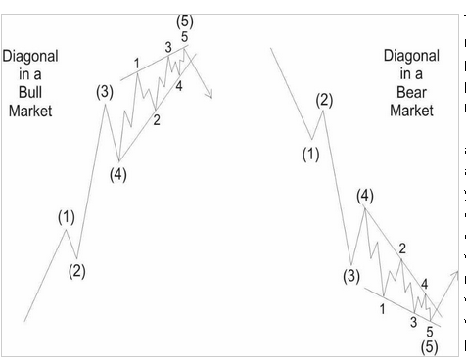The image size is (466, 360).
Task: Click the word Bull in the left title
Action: click(30, 93)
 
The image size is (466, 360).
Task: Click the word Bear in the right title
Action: click(410, 93)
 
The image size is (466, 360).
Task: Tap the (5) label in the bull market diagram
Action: click(184, 20)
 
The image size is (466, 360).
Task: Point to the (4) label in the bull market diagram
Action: click(117, 176)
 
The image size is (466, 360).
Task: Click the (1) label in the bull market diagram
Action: click(66, 217)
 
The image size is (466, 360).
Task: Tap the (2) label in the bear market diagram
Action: click(325, 99)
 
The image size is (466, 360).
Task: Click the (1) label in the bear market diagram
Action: click(311, 154)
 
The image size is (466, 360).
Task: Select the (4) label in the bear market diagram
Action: click(366, 196)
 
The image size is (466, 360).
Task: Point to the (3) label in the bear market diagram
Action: click(353, 275)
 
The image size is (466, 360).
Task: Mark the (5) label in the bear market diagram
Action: click(428, 346)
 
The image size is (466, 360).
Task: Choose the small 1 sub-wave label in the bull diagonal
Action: click(136, 63)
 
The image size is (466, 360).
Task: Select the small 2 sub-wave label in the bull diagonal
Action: click(156, 121)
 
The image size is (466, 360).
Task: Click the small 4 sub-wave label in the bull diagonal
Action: click(179, 86)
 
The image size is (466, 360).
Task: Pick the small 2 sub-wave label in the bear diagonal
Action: click(402, 248)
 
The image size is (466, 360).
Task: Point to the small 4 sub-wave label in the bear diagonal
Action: click(424, 284)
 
